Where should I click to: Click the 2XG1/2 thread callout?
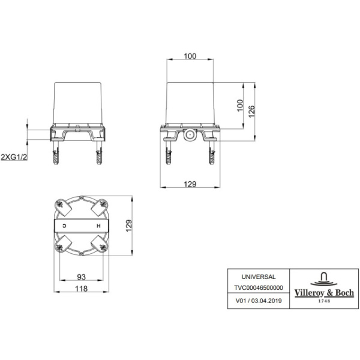(14, 157)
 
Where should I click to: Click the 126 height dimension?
(251, 112)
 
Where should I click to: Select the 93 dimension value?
(81, 277)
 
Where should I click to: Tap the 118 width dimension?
(81, 289)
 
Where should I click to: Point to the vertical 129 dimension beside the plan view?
(129, 226)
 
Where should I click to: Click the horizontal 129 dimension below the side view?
(190, 184)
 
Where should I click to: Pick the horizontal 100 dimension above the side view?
(190, 56)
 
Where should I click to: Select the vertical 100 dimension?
(239, 106)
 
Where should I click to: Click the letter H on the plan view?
(98, 226)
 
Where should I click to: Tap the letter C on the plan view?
(65, 226)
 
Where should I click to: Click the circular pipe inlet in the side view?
(190, 135)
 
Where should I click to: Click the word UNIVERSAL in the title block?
(258, 277)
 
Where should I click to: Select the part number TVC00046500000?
(259, 287)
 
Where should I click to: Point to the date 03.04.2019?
(266, 301)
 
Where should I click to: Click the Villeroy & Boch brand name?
(324, 293)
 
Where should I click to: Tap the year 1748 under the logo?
(324, 301)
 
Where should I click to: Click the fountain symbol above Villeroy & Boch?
(324, 279)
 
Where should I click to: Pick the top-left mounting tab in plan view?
(64, 207)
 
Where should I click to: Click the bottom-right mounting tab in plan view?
(99, 244)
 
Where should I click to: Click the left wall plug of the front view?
(56, 152)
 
